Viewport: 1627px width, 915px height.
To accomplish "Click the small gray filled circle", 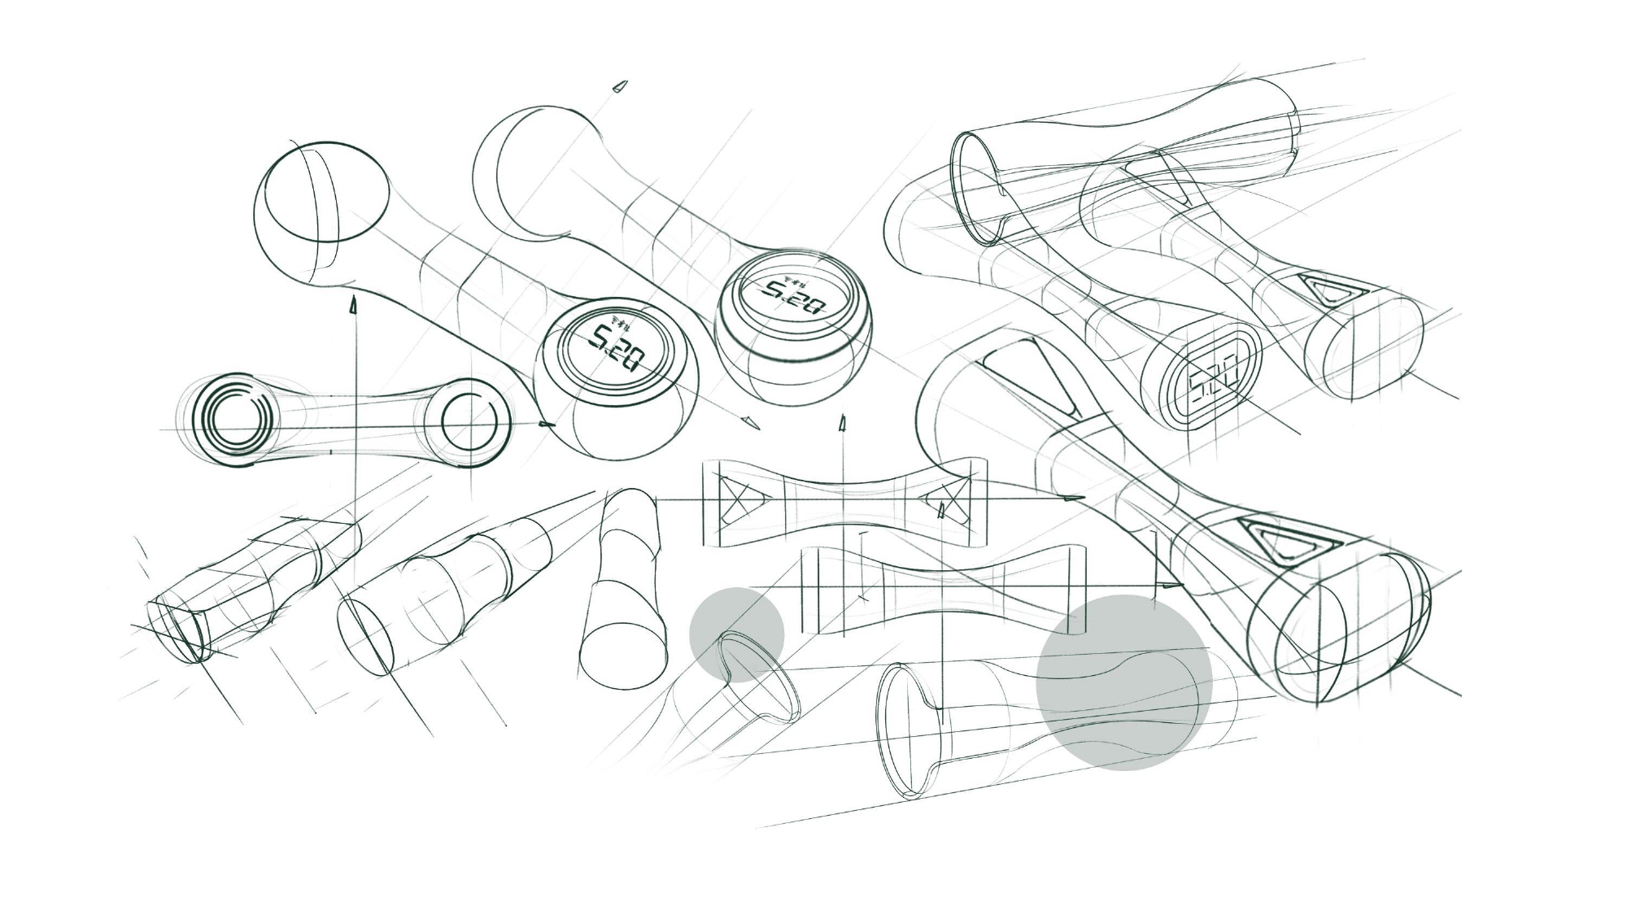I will click(x=737, y=634).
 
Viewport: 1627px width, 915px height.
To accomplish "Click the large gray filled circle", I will click(x=1124, y=682).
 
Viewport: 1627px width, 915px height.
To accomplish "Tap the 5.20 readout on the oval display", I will click(x=1213, y=381).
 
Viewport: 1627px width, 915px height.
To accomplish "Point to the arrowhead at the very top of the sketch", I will click(x=620, y=86).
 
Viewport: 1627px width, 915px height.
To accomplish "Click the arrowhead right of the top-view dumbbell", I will click(x=547, y=424).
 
